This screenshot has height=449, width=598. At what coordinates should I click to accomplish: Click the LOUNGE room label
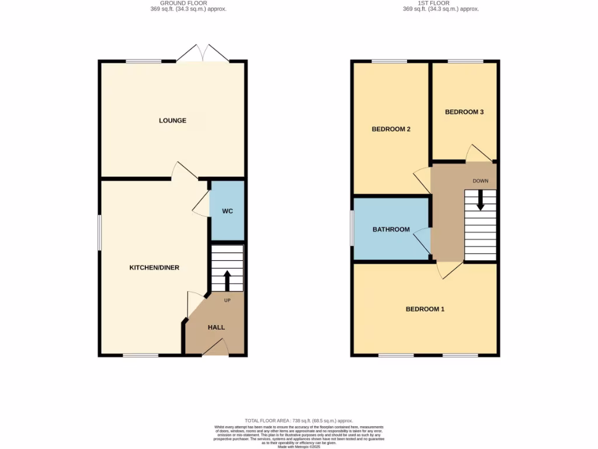172,120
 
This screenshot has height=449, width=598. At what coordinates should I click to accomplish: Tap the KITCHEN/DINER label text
154,268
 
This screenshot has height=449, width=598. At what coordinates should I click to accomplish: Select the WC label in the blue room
227,211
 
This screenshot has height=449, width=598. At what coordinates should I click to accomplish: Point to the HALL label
216,327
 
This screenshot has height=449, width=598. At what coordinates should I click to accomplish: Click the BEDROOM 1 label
425,309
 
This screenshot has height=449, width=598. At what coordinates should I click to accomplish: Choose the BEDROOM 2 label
391,129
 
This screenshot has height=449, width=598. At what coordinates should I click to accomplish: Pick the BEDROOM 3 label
464,112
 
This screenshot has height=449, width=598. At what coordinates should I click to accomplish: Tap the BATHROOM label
391,229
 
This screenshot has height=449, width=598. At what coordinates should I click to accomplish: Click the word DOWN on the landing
481,181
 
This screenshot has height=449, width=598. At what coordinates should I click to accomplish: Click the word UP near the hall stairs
227,300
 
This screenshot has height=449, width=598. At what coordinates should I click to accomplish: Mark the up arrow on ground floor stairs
227,280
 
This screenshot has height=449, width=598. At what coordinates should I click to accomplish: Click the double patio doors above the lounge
202,53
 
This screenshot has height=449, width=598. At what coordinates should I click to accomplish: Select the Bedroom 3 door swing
478,153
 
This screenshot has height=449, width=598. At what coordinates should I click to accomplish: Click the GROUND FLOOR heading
184,3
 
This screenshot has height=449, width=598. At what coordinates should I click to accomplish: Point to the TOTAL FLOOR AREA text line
298,420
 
